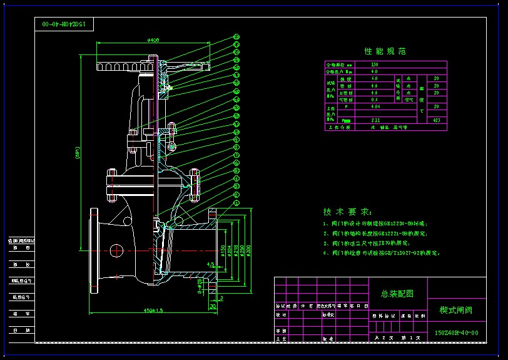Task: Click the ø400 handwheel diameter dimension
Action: [153, 40]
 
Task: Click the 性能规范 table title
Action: [385, 51]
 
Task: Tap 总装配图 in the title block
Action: [396, 293]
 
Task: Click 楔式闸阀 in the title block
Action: [455, 310]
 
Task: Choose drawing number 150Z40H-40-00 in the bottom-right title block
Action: [456, 333]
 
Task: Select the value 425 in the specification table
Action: [436, 120]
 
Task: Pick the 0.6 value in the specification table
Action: [374, 100]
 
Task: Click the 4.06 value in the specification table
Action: [375, 106]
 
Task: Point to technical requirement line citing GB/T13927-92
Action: [382, 254]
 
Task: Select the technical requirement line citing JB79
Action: [366, 243]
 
